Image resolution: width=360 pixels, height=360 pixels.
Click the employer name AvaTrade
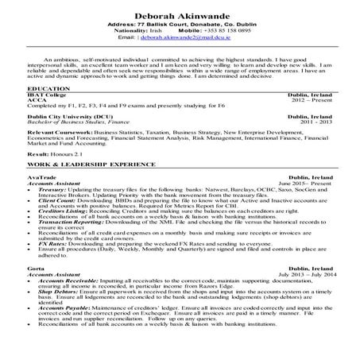pyautogui.click(x=41, y=198)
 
